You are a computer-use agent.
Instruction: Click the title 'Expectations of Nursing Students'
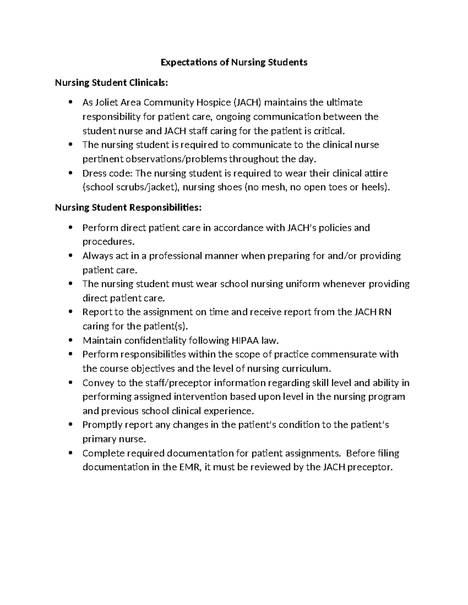coord(234,62)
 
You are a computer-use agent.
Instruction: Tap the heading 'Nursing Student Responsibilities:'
coord(128,207)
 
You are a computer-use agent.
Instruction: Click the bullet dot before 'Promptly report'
coord(71,425)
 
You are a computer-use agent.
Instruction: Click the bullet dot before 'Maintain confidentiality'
coord(71,340)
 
